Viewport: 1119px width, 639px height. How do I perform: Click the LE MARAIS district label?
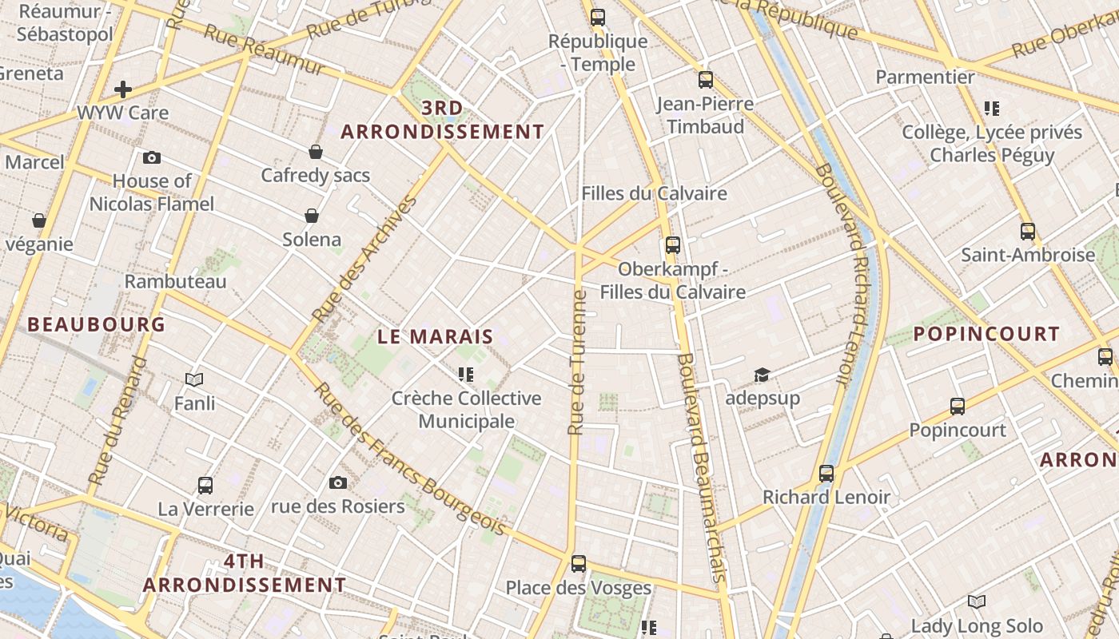436,337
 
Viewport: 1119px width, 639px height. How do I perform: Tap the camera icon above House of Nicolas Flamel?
152,158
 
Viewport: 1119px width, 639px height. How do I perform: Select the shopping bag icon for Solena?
312,216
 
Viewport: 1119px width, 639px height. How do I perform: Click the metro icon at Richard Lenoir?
826,474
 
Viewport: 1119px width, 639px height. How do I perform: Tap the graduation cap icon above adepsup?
762,375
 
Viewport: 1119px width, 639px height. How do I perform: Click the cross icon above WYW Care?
123,89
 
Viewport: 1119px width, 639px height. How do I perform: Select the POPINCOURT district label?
986,334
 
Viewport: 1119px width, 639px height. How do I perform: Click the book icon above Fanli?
194,379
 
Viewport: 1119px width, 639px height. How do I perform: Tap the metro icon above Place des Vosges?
579,564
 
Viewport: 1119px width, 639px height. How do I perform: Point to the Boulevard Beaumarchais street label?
701,466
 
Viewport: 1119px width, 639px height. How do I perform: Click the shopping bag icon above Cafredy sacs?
316,152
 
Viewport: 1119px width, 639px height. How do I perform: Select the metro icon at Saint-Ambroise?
1028,232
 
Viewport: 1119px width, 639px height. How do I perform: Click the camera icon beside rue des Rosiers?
338,482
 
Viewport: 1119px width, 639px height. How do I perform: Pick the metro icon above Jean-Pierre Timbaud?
705,80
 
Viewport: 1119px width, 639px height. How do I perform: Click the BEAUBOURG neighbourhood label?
96,324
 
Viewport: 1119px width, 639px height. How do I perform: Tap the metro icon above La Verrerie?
205,486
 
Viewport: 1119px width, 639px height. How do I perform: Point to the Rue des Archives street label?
364,259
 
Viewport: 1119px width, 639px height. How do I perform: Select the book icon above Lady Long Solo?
977,601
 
